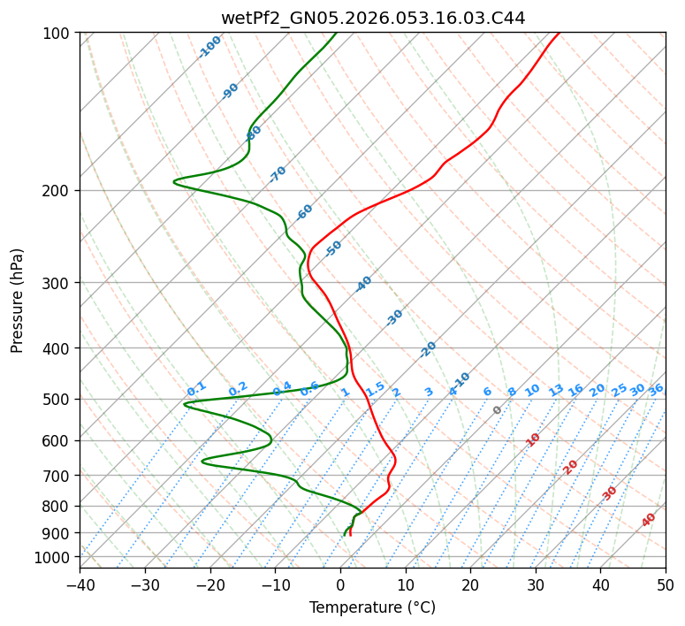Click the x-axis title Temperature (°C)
click(x=372, y=607)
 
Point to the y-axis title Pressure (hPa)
click(x=18, y=301)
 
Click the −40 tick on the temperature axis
click(x=80, y=584)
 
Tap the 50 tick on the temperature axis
click(x=666, y=584)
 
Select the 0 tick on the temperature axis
click(x=340, y=584)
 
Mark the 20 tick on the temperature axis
click(x=470, y=584)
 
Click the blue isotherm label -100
click(x=210, y=47)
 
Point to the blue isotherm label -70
click(x=278, y=174)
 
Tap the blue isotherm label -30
click(x=394, y=317)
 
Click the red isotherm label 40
click(x=649, y=520)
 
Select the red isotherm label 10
click(x=533, y=439)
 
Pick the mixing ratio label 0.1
click(x=196, y=389)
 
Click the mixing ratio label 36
click(x=656, y=389)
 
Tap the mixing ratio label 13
click(x=556, y=390)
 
